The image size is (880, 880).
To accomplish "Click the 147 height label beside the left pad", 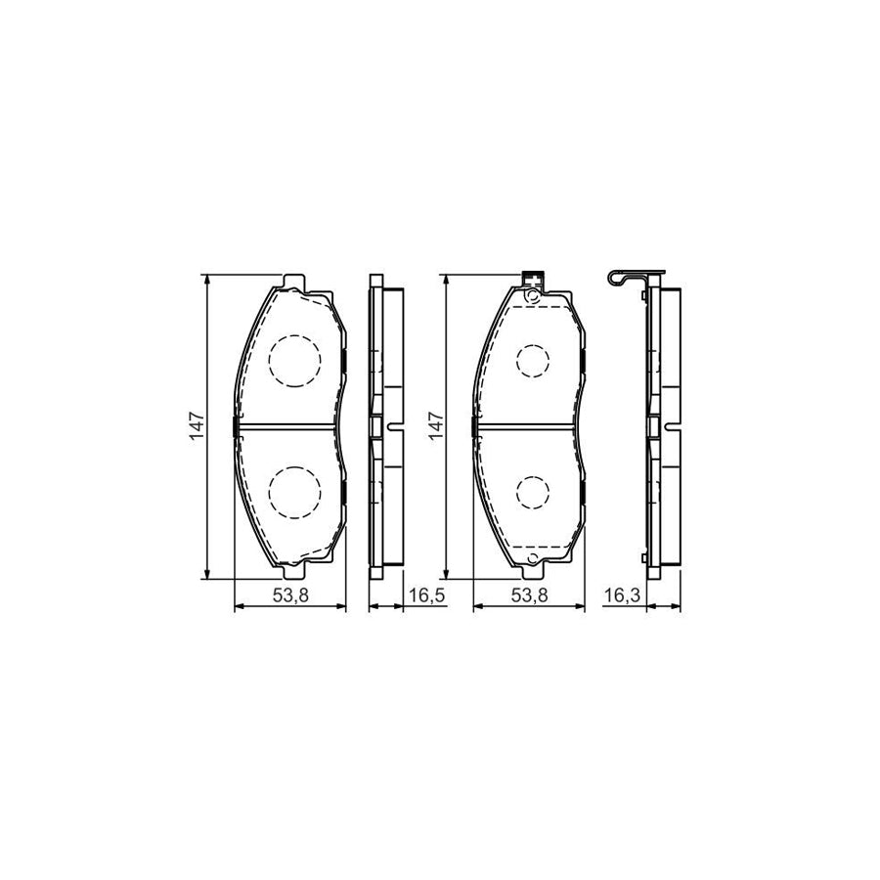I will pyautogui.click(x=198, y=426).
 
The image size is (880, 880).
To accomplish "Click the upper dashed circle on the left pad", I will pyautogui.click(x=294, y=361).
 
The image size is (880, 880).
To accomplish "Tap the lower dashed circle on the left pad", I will pyautogui.click(x=294, y=491).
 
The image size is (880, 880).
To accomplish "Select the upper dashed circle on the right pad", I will pyautogui.click(x=533, y=361).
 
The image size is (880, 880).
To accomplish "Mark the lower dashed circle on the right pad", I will pyautogui.click(x=533, y=491).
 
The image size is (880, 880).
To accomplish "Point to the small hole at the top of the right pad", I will pyautogui.click(x=531, y=295).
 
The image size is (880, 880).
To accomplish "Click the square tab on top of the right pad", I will pyautogui.click(x=533, y=277).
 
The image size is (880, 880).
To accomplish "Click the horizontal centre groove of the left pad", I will pyautogui.click(x=290, y=425).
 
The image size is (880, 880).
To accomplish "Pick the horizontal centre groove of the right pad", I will pyautogui.click(x=528, y=425).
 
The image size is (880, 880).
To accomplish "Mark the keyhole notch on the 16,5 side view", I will pyautogui.click(x=393, y=425).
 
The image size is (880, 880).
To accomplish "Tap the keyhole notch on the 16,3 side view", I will pyautogui.click(x=670, y=425).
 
